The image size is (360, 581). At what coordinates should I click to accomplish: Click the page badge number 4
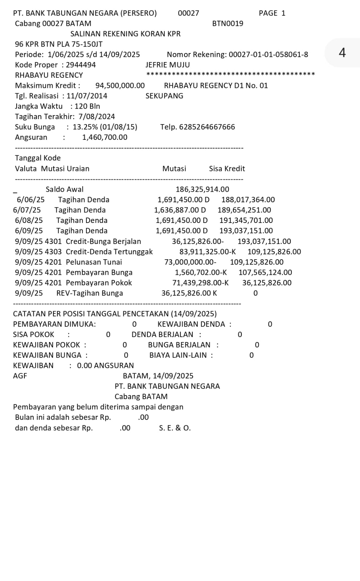point(342,53)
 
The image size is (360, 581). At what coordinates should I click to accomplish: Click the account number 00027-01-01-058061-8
point(268,54)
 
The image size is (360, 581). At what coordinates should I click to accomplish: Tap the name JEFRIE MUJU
point(168,65)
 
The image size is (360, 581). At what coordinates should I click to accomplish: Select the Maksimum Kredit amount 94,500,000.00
point(120,86)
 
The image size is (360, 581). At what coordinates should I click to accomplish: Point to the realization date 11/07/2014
point(87,96)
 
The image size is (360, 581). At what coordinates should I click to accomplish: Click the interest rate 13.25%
point(85,127)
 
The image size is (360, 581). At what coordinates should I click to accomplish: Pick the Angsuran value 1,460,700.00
point(105,137)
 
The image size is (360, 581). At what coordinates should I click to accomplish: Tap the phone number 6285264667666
point(207,127)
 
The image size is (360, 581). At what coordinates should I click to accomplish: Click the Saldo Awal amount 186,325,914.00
point(202,189)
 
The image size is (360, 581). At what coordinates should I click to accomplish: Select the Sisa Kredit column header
point(227,168)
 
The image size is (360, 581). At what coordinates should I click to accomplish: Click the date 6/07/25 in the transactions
point(27,210)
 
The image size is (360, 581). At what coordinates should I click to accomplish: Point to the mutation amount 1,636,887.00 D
point(180,210)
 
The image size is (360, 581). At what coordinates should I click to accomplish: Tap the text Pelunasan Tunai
point(94,262)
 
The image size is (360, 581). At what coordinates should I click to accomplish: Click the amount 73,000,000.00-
point(190,262)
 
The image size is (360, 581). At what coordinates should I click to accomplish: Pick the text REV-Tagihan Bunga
point(90,293)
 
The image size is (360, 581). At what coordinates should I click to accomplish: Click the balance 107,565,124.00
point(265,272)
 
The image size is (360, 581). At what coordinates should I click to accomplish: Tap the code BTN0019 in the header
point(228,24)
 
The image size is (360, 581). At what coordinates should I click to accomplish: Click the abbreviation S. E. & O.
point(175,428)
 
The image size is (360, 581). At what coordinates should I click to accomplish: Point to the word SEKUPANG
point(164,96)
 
